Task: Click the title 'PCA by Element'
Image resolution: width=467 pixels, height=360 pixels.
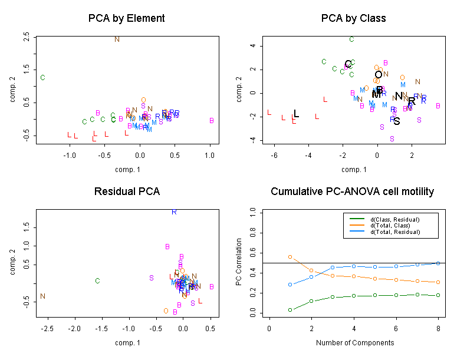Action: click(126, 18)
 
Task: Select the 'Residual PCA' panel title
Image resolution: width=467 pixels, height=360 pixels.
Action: click(127, 192)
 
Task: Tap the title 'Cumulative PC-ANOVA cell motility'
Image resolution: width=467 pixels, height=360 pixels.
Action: click(352, 192)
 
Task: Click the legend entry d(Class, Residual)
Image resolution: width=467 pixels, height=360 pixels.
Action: click(394, 219)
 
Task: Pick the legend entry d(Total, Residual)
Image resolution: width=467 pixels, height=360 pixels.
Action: click(394, 232)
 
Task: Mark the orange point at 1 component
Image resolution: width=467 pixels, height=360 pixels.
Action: click(290, 257)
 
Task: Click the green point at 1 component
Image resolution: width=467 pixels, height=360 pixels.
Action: click(290, 309)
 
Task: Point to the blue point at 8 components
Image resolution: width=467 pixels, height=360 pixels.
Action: click(438, 263)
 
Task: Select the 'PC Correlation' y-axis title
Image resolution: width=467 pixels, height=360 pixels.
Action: click(239, 262)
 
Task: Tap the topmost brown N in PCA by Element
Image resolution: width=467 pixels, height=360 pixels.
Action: click(117, 39)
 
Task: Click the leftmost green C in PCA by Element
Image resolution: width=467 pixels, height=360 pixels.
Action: click(42, 78)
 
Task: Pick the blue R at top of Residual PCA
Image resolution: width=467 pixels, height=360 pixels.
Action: click(174, 212)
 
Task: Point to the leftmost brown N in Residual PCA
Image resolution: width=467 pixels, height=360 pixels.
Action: click(42, 296)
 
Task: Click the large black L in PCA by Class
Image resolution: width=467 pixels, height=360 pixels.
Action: click(297, 114)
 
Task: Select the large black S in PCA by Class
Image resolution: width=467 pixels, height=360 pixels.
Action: click(397, 121)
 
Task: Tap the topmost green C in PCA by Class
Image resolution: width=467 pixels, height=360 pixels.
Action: click(351, 39)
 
